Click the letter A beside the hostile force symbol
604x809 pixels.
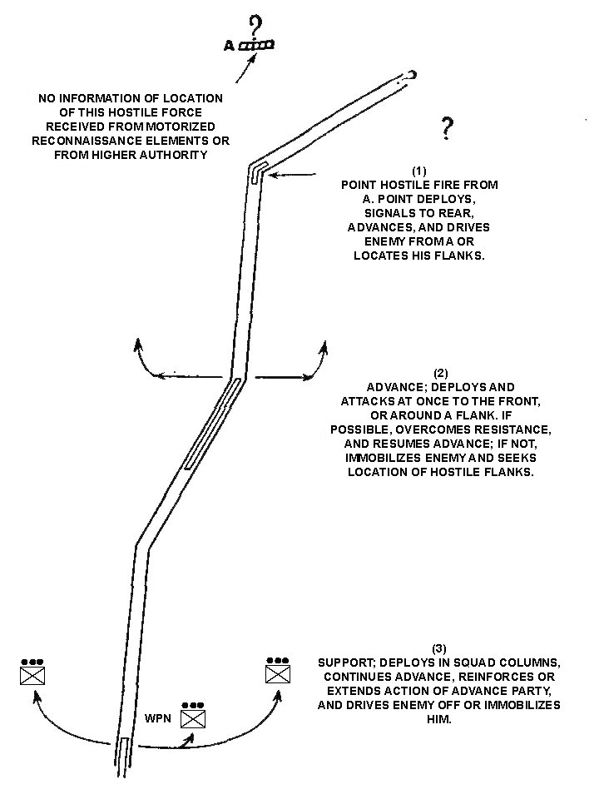[x=229, y=47]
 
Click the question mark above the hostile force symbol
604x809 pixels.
[x=256, y=27]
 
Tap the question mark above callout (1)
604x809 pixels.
[x=447, y=128]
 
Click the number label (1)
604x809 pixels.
[x=419, y=171]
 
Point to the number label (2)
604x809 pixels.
[x=440, y=373]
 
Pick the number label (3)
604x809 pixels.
[x=439, y=648]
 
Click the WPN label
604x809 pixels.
[x=158, y=718]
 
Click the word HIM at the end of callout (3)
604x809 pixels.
[x=439, y=719]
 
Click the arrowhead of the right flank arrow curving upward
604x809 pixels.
[x=324, y=347]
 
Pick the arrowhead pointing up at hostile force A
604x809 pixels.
[x=253, y=57]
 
